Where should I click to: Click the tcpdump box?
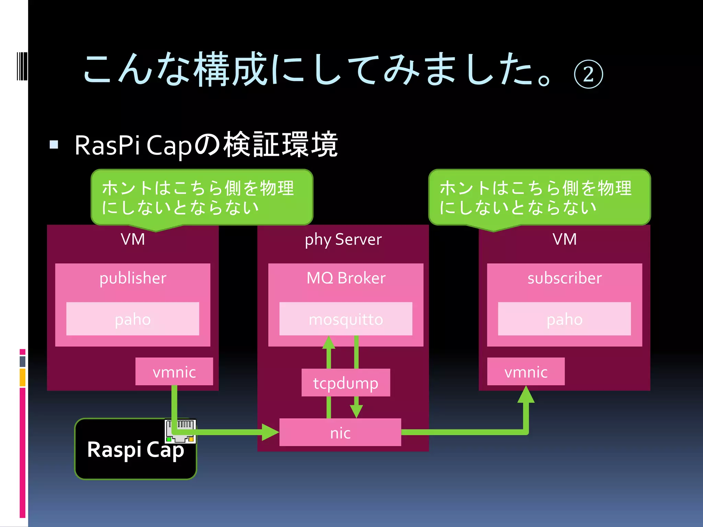pos(346,383)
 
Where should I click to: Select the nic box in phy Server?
pos(340,432)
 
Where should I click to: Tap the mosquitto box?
pos(346,319)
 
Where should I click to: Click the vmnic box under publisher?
pos(174,372)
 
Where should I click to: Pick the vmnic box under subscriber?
pos(526,372)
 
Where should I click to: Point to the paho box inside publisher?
pos(132,319)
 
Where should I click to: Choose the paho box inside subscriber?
pos(564,319)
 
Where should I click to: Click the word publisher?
pos(132,278)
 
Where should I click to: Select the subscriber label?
pos(564,278)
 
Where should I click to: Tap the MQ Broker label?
pos(346,278)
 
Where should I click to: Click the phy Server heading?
pos(343,239)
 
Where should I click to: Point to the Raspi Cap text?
pos(136,450)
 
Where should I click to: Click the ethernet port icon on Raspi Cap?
pos(181,431)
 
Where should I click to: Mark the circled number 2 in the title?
pos(588,74)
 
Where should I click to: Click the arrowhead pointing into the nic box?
pos(270,432)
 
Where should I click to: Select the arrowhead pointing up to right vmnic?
pos(526,395)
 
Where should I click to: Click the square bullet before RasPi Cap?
pos(54,144)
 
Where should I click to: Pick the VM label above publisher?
pos(132,239)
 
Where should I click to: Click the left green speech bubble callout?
pos(202,197)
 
